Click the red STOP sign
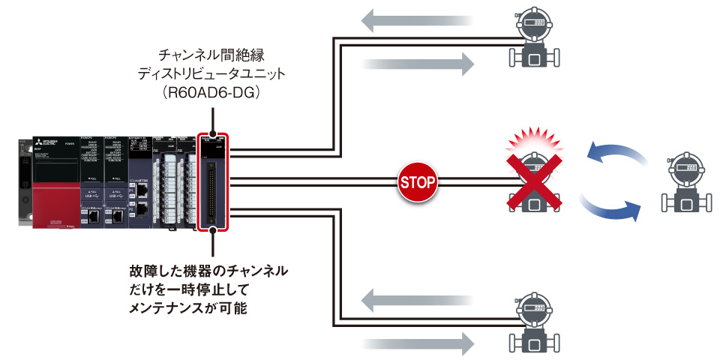pyautogui.click(x=418, y=181)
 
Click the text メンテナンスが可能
pyautogui.click(x=188, y=307)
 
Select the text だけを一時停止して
pyautogui.click(x=189, y=288)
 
